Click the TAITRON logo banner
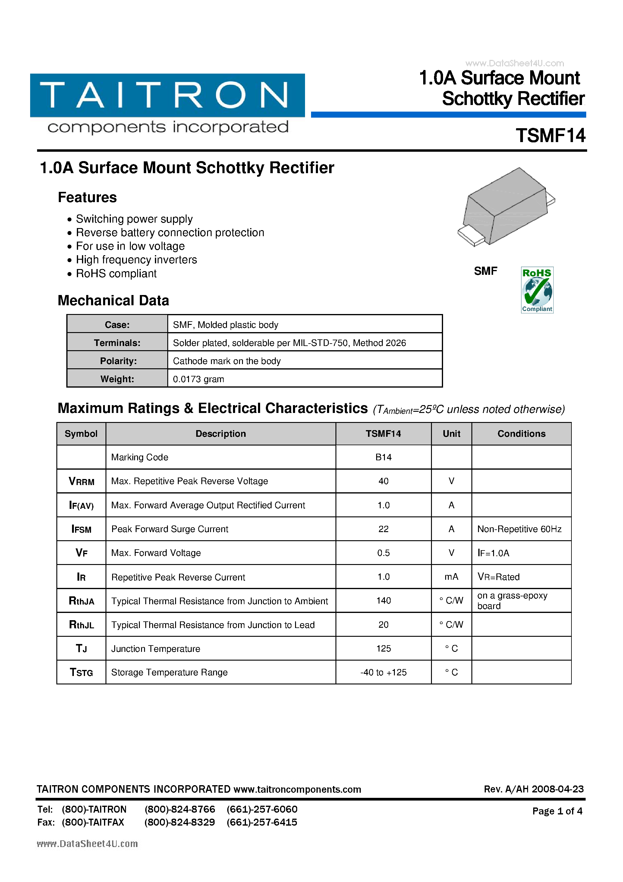(167, 95)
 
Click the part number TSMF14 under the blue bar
(550, 136)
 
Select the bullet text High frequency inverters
(136, 260)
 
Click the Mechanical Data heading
(113, 300)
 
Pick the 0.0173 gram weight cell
(198, 379)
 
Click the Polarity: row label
(118, 361)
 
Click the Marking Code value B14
(383, 457)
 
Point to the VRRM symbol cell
(81, 481)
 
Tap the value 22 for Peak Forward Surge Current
(383, 529)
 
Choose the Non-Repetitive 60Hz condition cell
(519, 529)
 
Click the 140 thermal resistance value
(383, 601)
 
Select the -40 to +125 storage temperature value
(383, 672)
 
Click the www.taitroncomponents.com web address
(297, 789)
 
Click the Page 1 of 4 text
(557, 811)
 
